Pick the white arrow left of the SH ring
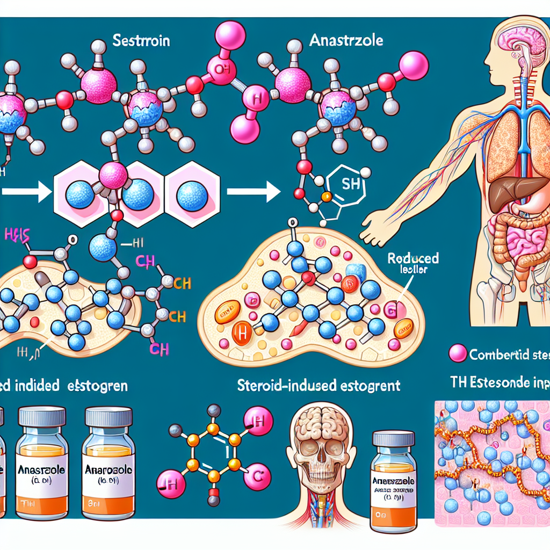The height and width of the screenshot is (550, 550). tap(252, 191)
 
